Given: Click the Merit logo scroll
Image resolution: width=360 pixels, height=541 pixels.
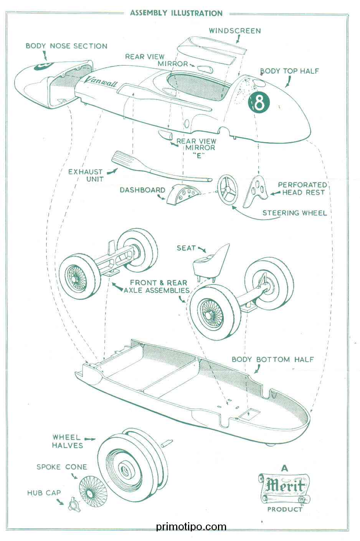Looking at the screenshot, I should (284, 487).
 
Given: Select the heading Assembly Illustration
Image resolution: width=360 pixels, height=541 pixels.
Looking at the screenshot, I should (176, 13).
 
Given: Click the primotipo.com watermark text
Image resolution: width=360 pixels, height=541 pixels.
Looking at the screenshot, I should (191, 527).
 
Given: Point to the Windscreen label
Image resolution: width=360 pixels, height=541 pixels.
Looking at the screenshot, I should (234, 31).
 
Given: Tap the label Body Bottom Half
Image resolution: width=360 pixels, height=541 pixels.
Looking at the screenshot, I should (272, 359).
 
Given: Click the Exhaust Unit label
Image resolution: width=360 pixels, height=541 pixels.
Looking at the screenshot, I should (85, 175).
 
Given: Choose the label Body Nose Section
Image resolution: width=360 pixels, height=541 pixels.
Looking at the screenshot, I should (66, 46).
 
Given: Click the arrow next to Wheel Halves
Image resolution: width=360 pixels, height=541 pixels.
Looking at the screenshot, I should (90, 438).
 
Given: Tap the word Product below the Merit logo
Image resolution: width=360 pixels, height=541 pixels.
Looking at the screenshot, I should (285, 510).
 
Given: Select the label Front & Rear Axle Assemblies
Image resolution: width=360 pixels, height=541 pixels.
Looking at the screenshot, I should (157, 286).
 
